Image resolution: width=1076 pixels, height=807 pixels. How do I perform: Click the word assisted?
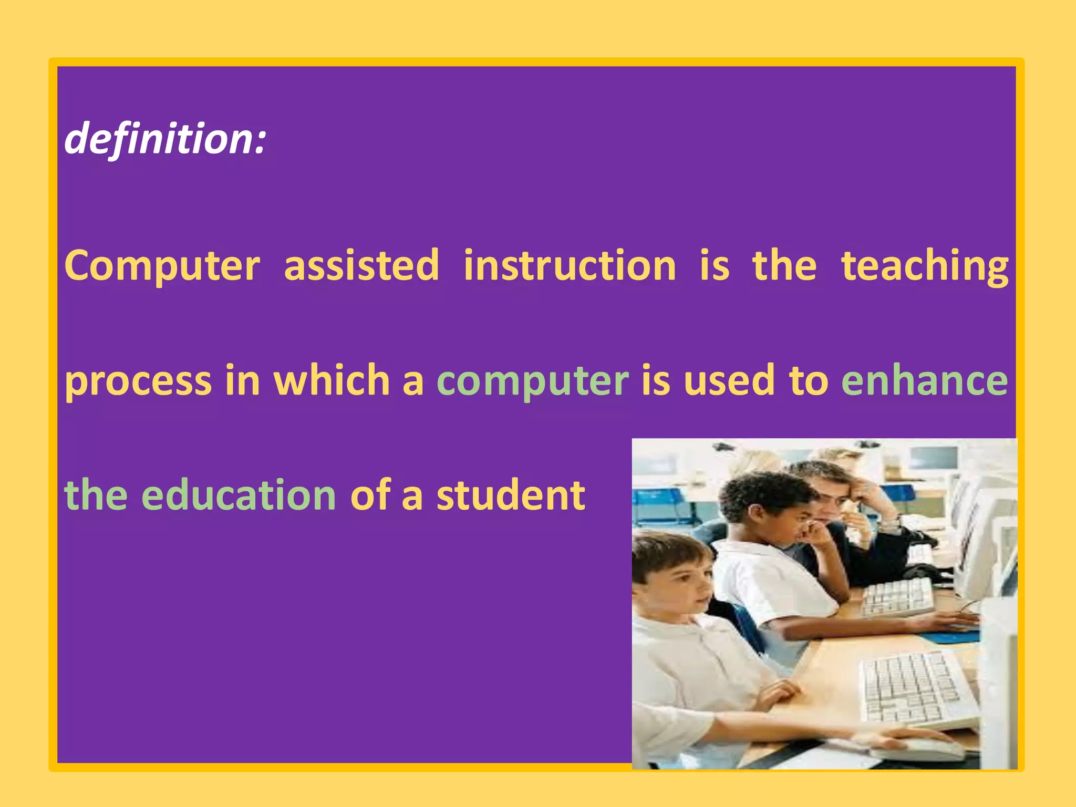tap(361, 265)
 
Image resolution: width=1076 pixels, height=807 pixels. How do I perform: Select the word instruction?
tap(570, 265)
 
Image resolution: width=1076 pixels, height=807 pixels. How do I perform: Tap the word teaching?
tap(925, 266)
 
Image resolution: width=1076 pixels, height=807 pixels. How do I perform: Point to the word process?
tap(138, 381)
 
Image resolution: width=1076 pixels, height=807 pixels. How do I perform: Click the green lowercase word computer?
tap(533, 381)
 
